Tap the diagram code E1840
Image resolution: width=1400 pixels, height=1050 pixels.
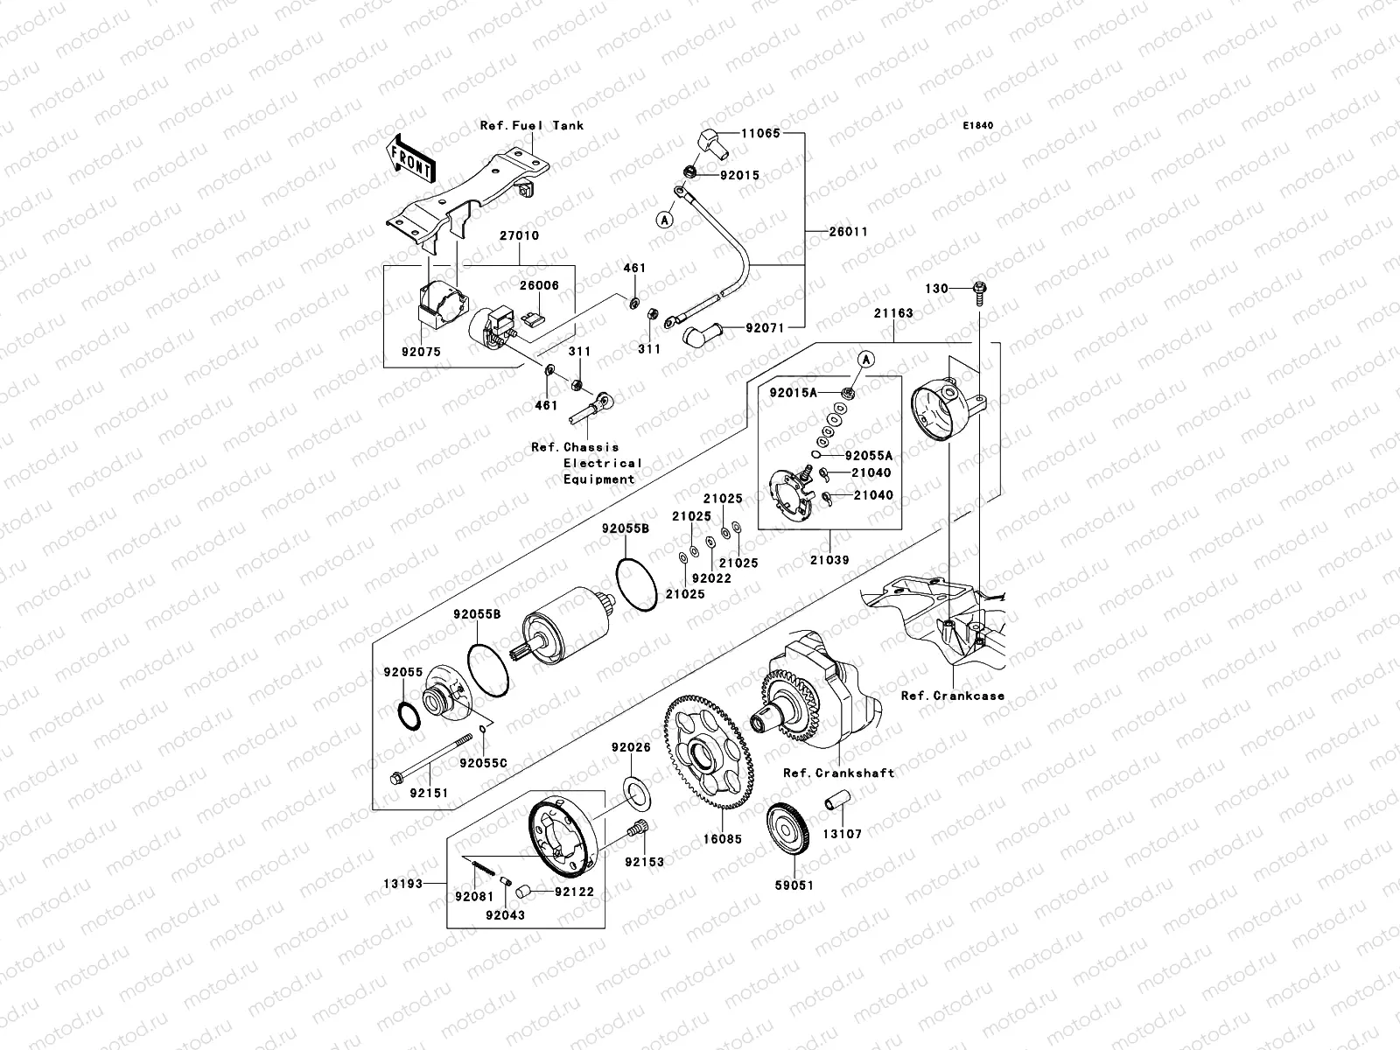click(979, 126)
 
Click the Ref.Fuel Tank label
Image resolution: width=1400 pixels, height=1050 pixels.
click(531, 125)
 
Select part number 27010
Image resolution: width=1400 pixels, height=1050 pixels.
click(519, 236)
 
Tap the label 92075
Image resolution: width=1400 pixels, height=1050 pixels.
click(422, 352)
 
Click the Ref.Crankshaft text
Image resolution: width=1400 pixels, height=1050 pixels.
click(838, 773)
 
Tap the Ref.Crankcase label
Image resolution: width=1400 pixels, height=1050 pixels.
click(953, 696)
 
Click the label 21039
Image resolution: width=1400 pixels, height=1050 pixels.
click(829, 560)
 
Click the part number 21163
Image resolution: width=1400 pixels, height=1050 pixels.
click(892, 312)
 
